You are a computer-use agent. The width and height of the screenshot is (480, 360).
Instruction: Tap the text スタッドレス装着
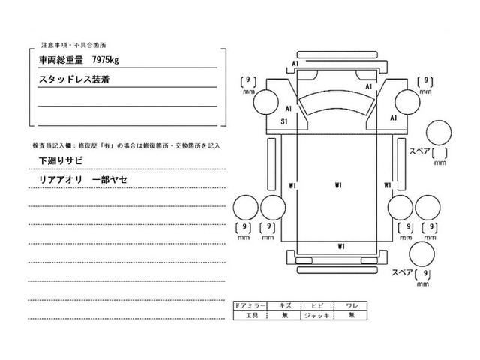coord(73,78)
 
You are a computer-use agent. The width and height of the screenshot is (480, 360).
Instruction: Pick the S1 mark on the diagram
coord(286,121)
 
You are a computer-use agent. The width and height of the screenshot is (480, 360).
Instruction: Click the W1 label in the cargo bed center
coord(339,184)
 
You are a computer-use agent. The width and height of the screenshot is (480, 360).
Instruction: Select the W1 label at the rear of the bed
coord(341,246)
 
